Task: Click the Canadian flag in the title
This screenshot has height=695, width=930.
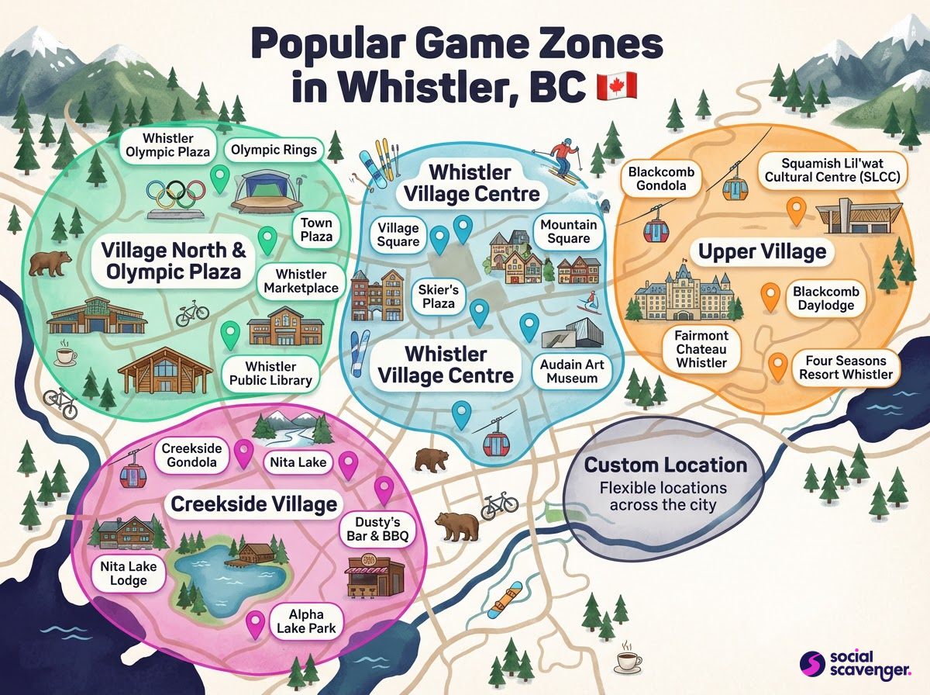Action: (x=617, y=86)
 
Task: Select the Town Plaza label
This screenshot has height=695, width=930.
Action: (x=316, y=228)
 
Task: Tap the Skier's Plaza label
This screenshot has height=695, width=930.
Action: (x=439, y=296)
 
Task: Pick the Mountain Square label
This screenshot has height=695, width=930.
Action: (x=569, y=232)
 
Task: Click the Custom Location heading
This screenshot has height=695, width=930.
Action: (x=666, y=465)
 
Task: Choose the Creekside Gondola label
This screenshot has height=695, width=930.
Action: (x=191, y=458)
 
